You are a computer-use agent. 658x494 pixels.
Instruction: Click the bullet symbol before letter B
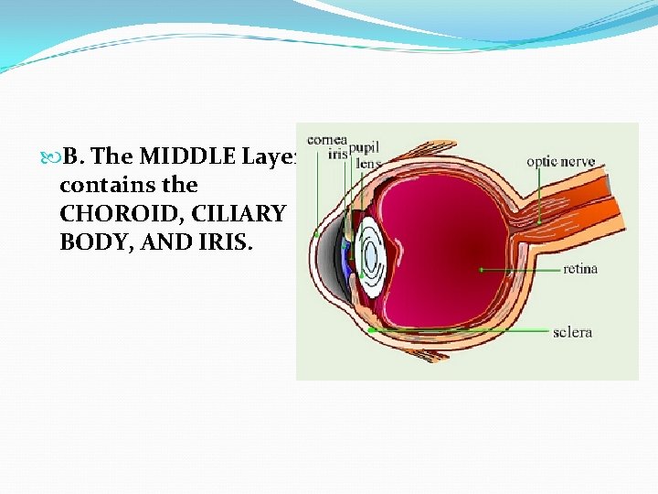[x=53, y=157]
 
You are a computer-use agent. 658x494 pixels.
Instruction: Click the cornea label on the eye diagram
[x=326, y=139]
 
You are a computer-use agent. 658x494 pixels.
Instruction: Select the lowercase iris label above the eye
[x=337, y=155]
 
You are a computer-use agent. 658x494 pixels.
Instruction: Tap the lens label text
[x=368, y=165]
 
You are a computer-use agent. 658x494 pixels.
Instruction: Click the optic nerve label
[x=560, y=162]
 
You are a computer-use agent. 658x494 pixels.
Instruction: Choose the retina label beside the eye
[x=580, y=269]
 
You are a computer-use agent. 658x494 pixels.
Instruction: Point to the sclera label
[x=573, y=331]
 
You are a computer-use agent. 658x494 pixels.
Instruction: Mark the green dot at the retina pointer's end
[x=481, y=270]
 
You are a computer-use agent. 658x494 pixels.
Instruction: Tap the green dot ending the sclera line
[x=372, y=329]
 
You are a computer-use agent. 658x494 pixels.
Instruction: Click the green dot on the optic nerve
[x=539, y=221]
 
